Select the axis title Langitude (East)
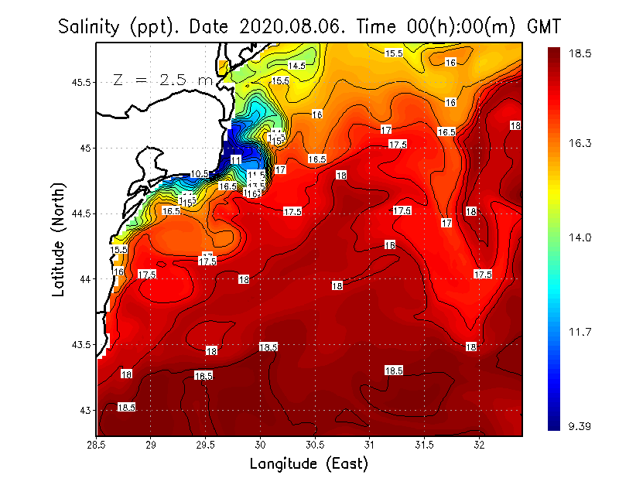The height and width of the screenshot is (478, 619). click(x=309, y=464)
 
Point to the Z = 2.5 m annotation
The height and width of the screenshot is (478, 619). click(x=163, y=80)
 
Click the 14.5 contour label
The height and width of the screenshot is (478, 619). click(x=296, y=65)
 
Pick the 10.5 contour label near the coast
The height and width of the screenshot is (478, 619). click(x=200, y=174)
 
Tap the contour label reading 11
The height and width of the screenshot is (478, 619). click(x=236, y=159)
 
